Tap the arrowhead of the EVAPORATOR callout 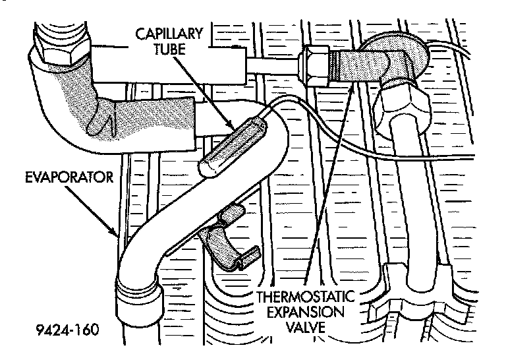coord(117,235)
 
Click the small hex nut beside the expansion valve coord(312,64)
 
